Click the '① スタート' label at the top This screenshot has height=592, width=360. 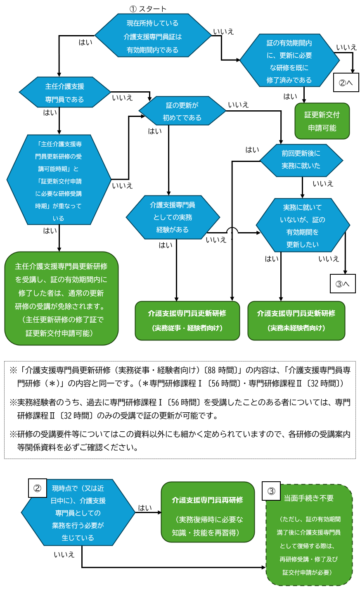click(148, 9)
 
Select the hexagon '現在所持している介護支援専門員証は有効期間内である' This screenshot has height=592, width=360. click(153, 36)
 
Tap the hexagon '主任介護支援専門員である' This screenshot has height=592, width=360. click(64, 93)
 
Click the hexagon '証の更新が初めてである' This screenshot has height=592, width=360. click(182, 111)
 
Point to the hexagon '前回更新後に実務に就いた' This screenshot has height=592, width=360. click(301, 159)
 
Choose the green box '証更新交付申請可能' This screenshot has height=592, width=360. click(322, 121)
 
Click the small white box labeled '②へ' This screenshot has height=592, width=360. click(346, 83)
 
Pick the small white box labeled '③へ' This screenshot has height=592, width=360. click(343, 284)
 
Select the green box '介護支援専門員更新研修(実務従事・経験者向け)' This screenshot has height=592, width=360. click(187, 321)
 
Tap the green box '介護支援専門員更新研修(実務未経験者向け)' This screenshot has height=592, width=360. click(296, 321)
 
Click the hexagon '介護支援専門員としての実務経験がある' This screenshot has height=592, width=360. click(173, 217)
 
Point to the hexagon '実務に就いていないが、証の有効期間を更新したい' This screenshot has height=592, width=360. click(303, 226)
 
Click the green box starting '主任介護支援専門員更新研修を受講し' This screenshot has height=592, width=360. click(61, 299)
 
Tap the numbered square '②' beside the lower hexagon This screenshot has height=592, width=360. click(37, 488)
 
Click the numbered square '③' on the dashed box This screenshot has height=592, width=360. click(271, 491)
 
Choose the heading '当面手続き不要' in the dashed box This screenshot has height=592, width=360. click(308, 498)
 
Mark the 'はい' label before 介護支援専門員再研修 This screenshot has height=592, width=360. click(145, 508)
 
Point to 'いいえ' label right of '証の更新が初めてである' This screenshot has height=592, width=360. click(238, 105)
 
